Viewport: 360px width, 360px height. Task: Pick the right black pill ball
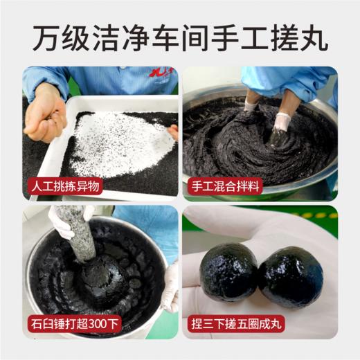pyautogui.click(x=290, y=276)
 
